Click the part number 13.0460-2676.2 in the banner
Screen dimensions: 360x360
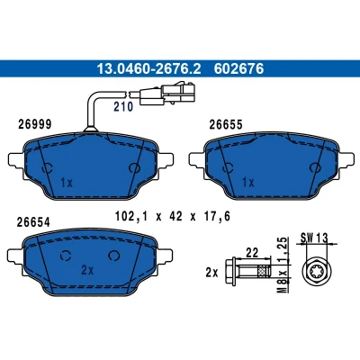148,68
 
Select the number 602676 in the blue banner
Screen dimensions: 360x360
238,68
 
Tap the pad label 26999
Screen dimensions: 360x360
35,124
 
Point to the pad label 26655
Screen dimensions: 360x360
226,125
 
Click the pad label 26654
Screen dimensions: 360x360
33,222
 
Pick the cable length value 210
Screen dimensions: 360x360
123,107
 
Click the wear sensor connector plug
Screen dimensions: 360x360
167,93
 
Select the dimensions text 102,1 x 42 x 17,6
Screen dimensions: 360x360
173,216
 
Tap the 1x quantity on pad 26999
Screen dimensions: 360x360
67,182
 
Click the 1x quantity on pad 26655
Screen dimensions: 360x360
248,182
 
